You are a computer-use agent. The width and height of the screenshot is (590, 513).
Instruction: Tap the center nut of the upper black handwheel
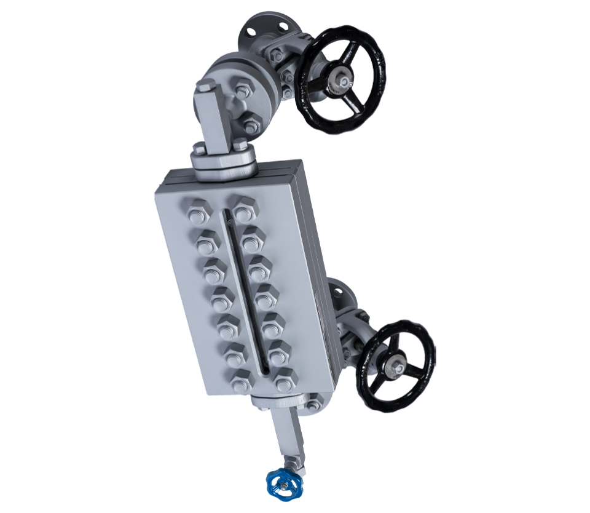340,81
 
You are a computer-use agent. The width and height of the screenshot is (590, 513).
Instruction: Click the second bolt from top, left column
206,242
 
